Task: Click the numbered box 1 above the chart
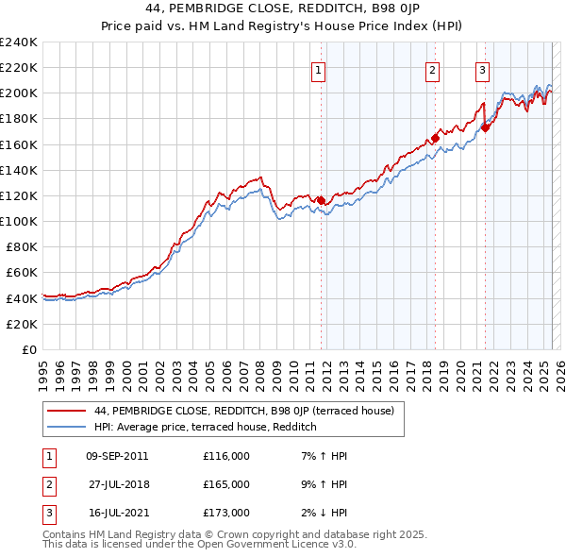[318, 69]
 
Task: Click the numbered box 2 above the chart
[432, 69]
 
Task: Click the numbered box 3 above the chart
[482, 69]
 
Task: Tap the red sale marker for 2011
[321, 200]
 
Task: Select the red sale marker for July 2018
[436, 138]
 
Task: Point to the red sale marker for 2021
[485, 127]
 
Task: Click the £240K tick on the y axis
[19, 42]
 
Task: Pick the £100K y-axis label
[19, 221]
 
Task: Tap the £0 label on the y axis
[29, 349]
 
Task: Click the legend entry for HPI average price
[205, 427]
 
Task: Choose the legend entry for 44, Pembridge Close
[250, 411]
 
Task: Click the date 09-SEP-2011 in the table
[117, 456]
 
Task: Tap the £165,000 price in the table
[225, 484]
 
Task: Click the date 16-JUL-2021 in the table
[116, 513]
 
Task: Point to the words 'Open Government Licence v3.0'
[276, 544]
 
